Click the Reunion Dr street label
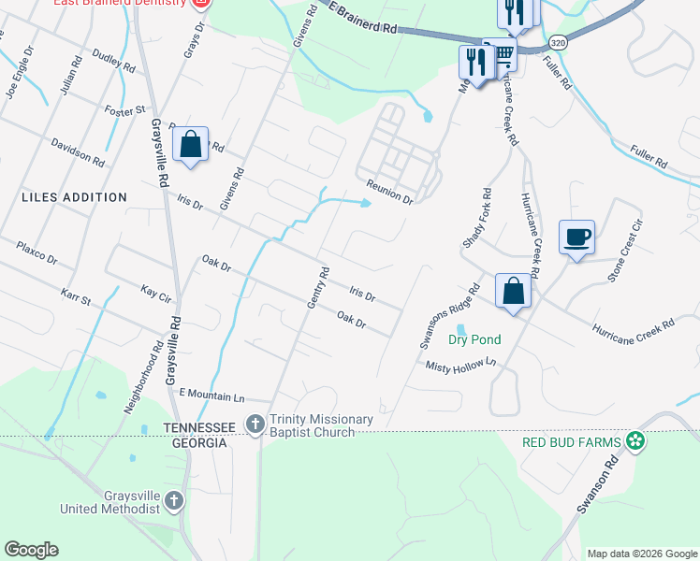tap(389, 192)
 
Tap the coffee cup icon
tap(576, 237)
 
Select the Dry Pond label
tap(474, 339)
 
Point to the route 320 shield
tap(558, 43)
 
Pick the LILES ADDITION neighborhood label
tap(75, 197)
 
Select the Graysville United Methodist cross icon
tap(173, 502)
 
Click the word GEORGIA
tap(196, 442)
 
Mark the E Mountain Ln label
tap(211, 395)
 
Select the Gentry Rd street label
tap(318, 289)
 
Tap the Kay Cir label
tap(155, 294)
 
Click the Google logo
tap(31, 550)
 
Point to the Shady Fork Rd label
tap(475, 220)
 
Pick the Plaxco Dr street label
tap(37, 252)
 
